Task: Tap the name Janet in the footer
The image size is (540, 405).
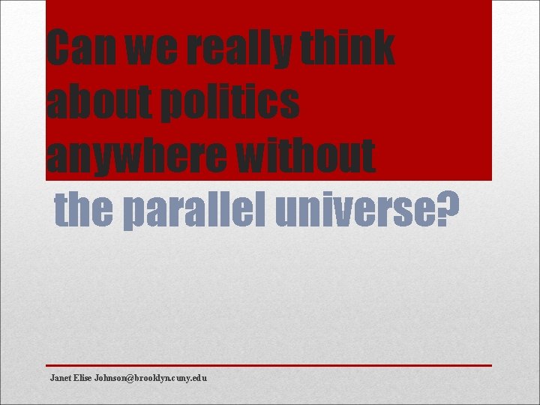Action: click(x=61, y=377)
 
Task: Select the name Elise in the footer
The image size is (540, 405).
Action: click(x=83, y=377)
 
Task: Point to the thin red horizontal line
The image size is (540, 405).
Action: click(x=270, y=365)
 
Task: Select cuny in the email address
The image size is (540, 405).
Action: click(x=181, y=378)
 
